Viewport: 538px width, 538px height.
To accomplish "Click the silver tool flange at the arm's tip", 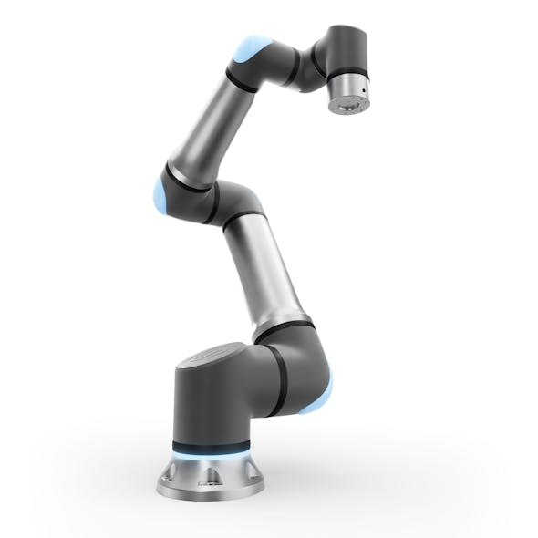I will [x=348, y=96].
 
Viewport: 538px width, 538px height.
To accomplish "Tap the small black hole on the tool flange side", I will [x=363, y=94].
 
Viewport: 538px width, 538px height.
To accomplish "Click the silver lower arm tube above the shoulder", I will [x=264, y=274].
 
